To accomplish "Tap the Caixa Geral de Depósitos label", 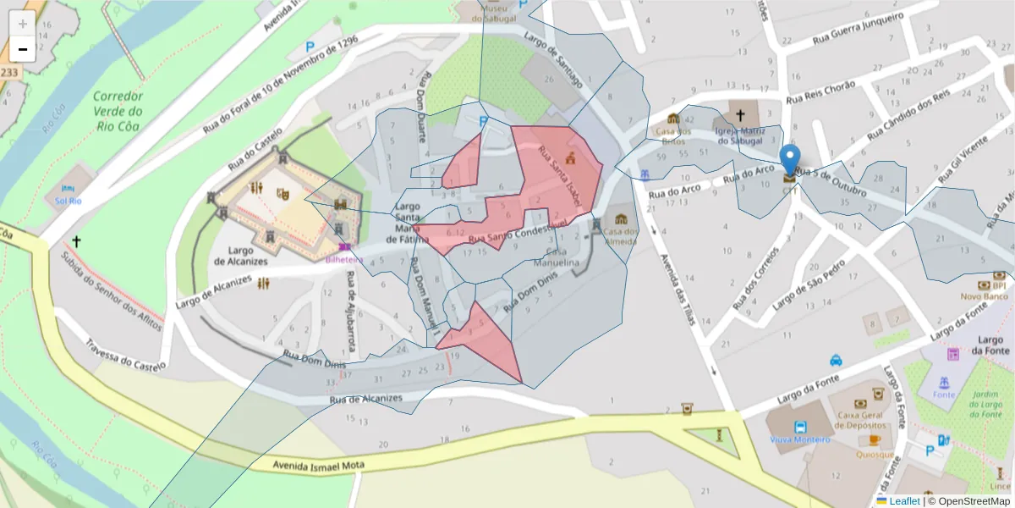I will tap(865, 420).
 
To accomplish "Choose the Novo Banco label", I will tap(984, 295).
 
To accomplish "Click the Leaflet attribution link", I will tap(904, 501).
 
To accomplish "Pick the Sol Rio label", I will tap(68, 201).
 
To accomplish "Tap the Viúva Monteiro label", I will tap(798, 439).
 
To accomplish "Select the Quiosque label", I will tap(874, 455).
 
